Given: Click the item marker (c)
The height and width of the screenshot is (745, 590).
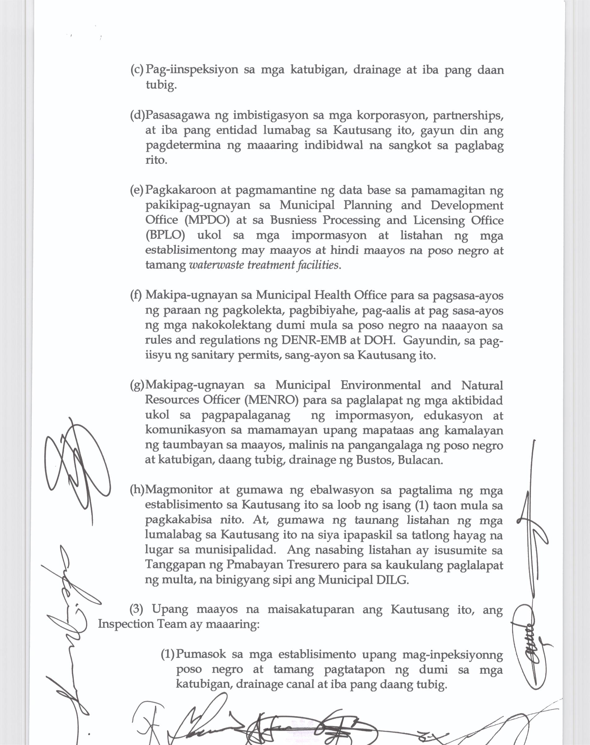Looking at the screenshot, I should pos(137,70).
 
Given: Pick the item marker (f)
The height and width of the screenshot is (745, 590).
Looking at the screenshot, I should pos(136,295).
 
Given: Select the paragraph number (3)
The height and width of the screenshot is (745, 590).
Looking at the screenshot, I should pos(136,609).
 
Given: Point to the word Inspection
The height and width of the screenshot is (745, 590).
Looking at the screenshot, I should pos(126,624).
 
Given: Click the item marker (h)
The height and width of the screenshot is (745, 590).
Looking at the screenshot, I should pos(137,490).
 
